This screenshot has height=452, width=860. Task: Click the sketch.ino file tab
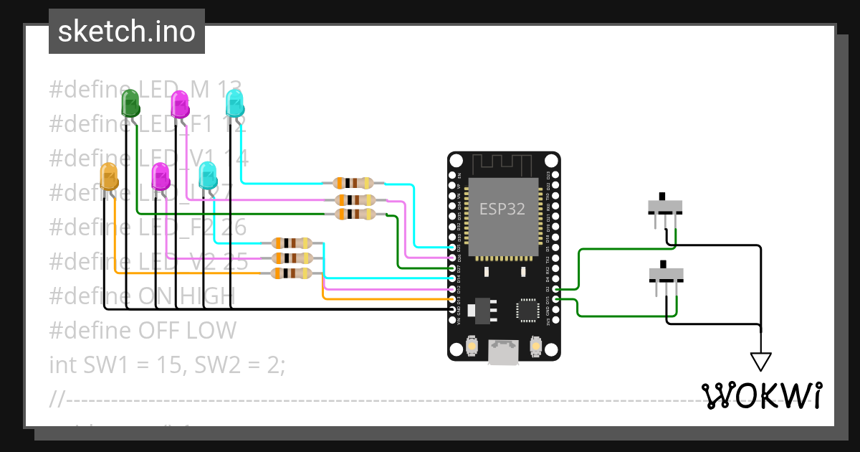[127, 32]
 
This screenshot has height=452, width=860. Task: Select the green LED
[130, 103]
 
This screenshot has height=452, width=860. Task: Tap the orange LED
[108, 176]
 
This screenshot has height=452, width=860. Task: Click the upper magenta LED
[179, 104]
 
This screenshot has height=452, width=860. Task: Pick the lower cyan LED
[207, 176]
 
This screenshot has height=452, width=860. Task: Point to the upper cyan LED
[234, 103]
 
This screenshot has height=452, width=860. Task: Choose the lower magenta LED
[161, 176]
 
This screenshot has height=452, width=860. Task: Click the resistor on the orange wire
[292, 273]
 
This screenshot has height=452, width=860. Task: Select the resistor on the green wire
[354, 214]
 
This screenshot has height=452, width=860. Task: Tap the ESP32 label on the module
[502, 209]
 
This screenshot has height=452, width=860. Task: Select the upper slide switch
[666, 207]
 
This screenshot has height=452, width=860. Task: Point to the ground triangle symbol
[760, 360]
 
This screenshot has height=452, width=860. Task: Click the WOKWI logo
[762, 395]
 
